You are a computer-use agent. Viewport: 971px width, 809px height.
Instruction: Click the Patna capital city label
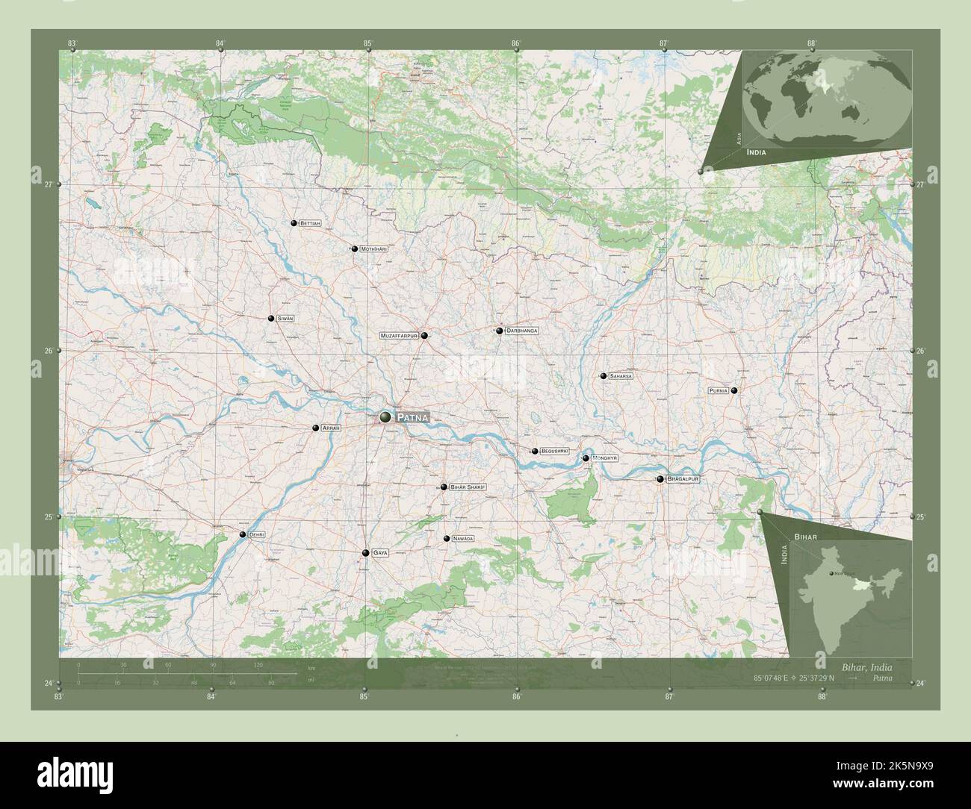(412, 417)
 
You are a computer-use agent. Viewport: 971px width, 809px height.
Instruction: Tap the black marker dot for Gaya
(365, 553)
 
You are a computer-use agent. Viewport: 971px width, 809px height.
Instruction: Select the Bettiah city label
(310, 223)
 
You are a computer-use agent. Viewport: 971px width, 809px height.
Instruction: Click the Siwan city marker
(271, 319)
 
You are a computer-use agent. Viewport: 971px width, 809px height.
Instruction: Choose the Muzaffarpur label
(400, 336)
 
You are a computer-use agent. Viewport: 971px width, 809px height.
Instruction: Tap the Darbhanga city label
(522, 330)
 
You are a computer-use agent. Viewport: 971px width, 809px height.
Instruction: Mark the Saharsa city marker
(603, 376)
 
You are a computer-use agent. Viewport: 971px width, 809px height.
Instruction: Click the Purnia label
(719, 390)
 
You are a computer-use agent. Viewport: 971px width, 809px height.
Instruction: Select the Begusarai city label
(555, 452)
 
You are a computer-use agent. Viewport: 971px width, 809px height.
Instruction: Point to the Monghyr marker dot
(586, 458)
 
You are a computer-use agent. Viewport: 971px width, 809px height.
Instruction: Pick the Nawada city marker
(447, 539)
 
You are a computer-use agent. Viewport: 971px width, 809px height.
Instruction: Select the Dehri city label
(256, 534)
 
